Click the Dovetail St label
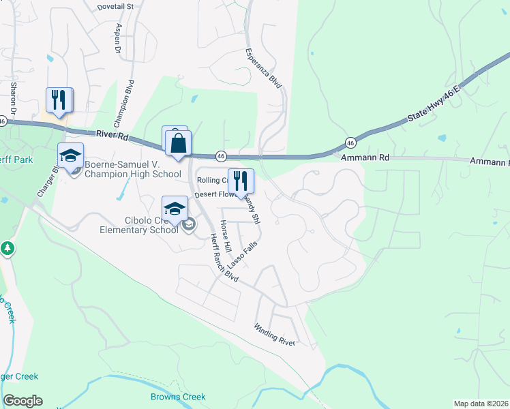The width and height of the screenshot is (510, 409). click(116, 5)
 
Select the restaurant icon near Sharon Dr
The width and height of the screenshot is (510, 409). click(59, 100)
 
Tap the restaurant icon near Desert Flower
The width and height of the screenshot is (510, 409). click(240, 181)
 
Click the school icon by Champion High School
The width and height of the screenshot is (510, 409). click(70, 156)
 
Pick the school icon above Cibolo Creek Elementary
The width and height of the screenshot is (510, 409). click(175, 209)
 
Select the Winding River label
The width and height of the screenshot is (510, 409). click(275, 335)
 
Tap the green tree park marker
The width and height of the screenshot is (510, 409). click(7, 248)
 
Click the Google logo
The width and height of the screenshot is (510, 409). click(22, 401)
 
